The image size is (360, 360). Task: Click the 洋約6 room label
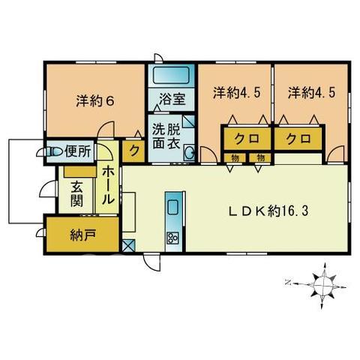click(x=95, y=101)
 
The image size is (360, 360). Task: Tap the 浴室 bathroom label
click(x=172, y=99)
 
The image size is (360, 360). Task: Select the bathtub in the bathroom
click(x=171, y=75)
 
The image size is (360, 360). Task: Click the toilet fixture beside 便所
click(x=53, y=151)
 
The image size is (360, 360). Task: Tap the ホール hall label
click(x=108, y=185)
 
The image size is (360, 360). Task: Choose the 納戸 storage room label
click(x=82, y=235)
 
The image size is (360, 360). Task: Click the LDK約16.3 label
click(x=268, y=211)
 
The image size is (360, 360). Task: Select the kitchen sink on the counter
click(x=172, y=207)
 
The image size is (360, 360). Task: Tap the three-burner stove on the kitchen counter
click(x=172, y=238)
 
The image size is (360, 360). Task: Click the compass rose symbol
click(x=324, y=285)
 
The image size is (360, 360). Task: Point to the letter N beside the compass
click(x=288, y=283)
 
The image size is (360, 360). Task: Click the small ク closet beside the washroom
click(x=133, y=151)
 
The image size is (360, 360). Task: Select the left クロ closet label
click(x=247, y=138)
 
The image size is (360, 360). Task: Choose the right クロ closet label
click(x=298, y=138)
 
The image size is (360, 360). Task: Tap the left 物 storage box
click(x=235, y=158)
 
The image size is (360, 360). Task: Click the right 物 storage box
click(x=260, y=158)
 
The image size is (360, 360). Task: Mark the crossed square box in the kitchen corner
click(x=129, y=245)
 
